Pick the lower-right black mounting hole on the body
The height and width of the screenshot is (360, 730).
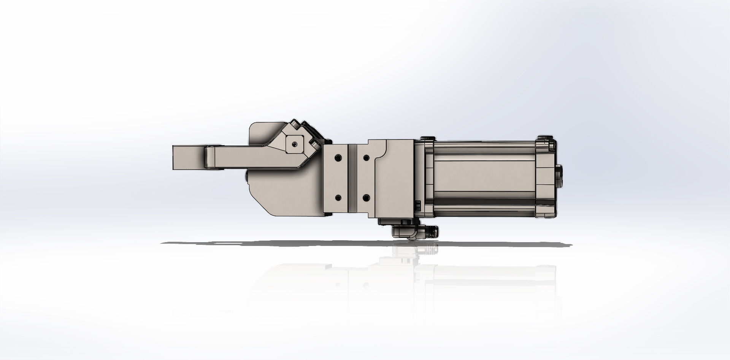[x=366, y=198]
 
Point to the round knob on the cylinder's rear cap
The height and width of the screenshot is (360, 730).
[x=560, y=176]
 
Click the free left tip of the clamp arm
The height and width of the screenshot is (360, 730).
[x=176, y=157]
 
